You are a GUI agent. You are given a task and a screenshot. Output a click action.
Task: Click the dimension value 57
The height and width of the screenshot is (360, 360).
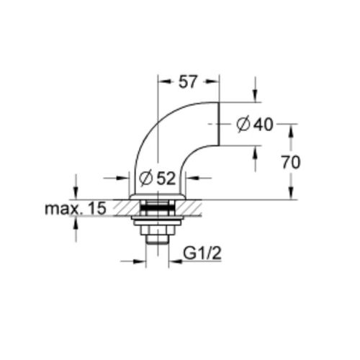point(187,82)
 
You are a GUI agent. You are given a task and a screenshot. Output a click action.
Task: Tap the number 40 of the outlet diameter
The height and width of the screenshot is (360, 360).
point(263,125)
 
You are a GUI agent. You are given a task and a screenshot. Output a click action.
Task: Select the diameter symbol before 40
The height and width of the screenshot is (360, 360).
point(243,125)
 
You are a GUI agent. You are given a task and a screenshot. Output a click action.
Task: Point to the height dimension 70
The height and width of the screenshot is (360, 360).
point(290,162)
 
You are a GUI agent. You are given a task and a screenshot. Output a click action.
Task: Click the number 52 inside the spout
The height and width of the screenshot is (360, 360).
point(167,179)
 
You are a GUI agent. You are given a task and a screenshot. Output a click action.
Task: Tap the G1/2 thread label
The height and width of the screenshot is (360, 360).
point(202,253)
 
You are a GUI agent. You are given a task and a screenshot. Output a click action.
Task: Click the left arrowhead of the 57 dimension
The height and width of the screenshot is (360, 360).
point(162,82)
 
